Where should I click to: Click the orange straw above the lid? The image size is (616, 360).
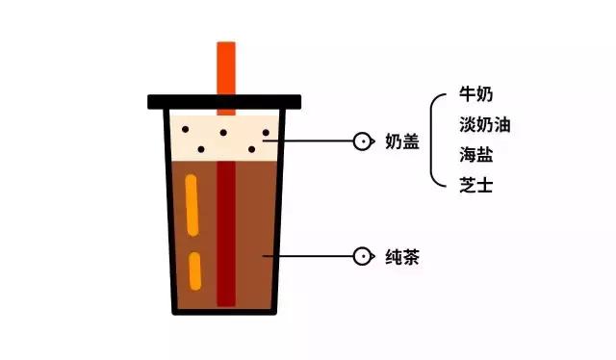pyautogui.click(x=226, y=67)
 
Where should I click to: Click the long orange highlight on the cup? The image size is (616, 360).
pyautogui.click(x=193, y=206)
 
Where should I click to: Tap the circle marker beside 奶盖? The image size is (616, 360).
pyautogui.click(x=363, y=141)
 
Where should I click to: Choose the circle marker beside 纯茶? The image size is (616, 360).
pyautogui.click(x=363, y=257)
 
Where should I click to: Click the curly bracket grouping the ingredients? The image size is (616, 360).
pyautogui.click(x=434, y=141)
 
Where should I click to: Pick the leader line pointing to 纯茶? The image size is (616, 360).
pyautogui.click(x=313, y=257)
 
